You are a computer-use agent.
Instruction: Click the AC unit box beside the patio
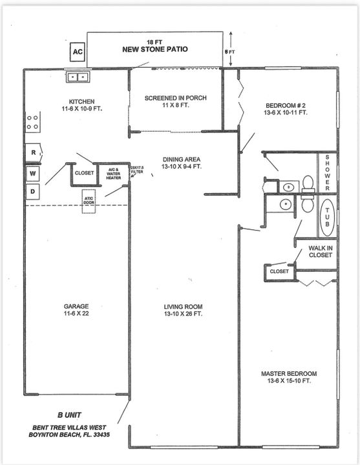coord(78,51)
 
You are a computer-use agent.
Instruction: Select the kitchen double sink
coord(78,77)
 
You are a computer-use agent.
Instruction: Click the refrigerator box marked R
coord(32,152)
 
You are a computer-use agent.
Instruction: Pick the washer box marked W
coord(32,173)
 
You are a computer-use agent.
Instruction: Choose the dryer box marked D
coord(32,192)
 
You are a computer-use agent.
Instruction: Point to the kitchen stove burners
coord(32,121)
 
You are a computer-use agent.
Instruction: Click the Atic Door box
coord(89,201)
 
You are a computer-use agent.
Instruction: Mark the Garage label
coord(76,310)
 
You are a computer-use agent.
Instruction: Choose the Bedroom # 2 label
coord(286,108)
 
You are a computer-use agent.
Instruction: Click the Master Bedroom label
coord(289,377)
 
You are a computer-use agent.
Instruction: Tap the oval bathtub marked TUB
coord(328,217)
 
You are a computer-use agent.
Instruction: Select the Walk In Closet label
coord(320,251)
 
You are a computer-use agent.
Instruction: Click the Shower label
coord(328,172)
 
